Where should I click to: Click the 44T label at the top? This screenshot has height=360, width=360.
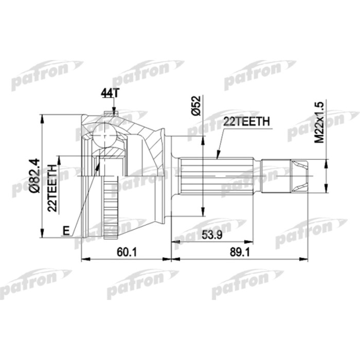pyautogui.click(x=109, y=94)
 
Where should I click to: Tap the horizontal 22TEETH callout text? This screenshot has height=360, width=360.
pyautogui.click(x=245, y=121)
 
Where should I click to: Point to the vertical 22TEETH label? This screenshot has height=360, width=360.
pyautogui.click(x=52, y=188)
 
